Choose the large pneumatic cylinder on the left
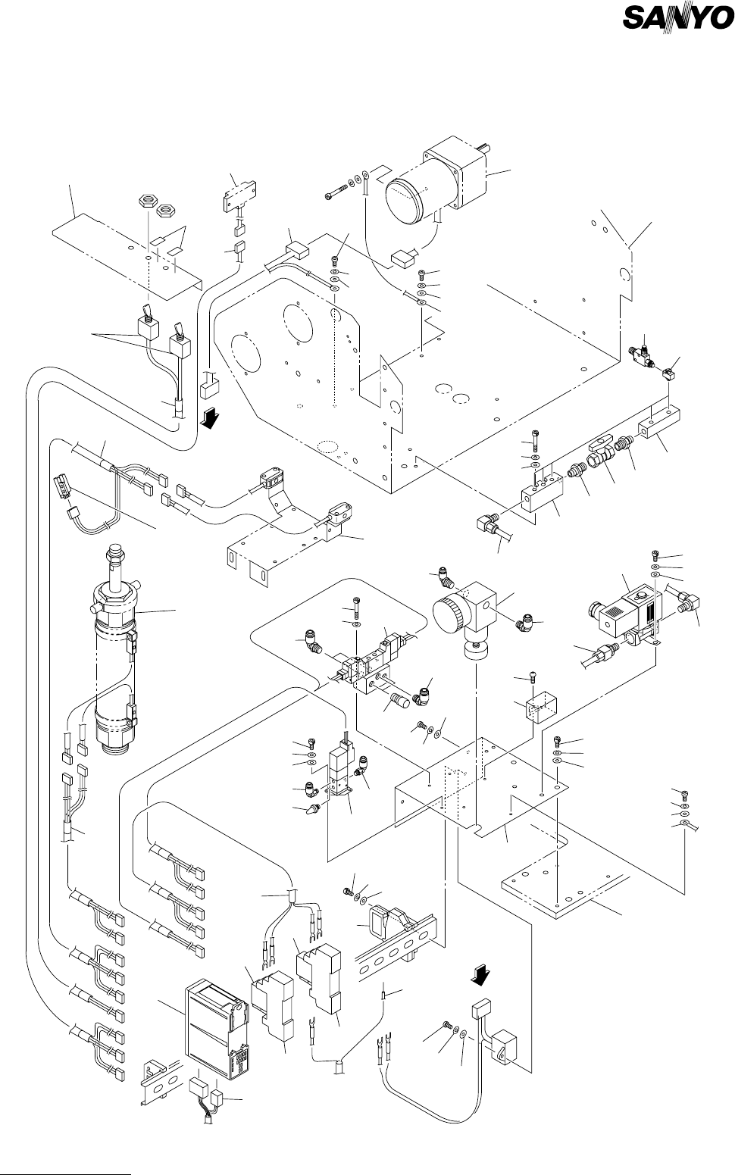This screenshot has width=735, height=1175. point(114,644)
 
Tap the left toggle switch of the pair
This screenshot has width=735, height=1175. point(146,324)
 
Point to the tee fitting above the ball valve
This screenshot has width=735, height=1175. point(644,356)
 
